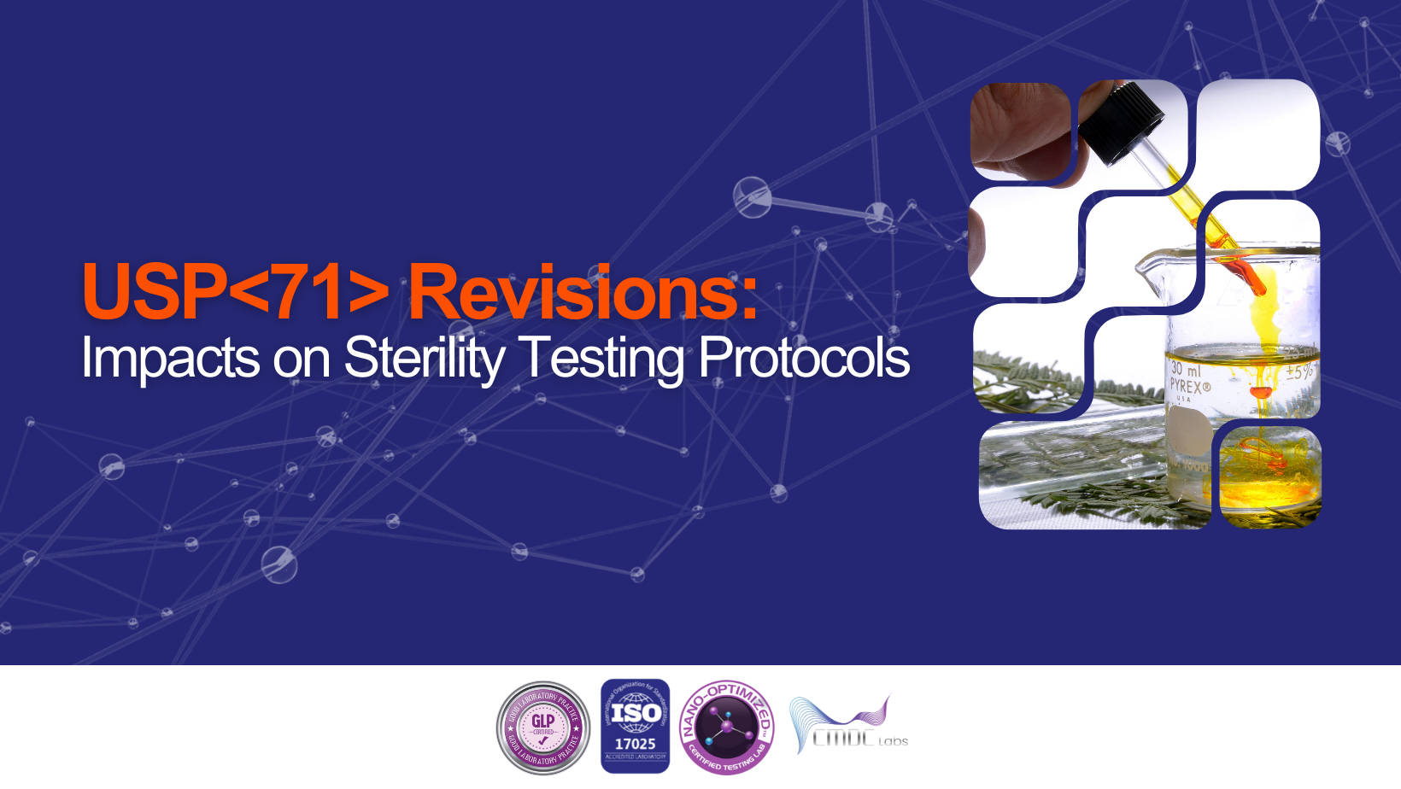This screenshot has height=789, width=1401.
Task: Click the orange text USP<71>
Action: click(x=235, y=293)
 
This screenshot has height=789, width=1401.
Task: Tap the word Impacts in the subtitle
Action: click(x=170, y=358)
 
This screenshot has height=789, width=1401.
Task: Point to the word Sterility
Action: click(x=425, y=358)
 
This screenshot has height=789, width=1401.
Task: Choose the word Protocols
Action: click(x=804, y=358)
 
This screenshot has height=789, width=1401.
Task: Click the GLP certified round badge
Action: click(x=543, y=728)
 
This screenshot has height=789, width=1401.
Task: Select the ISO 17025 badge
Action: click(x=635, y=726)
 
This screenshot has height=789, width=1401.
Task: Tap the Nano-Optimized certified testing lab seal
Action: click(x=727, y=728)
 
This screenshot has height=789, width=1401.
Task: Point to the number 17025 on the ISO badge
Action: click(x=635, y=744)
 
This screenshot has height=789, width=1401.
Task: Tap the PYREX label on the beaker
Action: click(x=1190, y=387)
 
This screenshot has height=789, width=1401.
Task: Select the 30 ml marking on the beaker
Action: click(x=1185, y=369)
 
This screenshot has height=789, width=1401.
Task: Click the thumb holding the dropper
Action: click(x=1017, y=137)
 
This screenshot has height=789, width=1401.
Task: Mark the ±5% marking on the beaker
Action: click(x=1299, y=372)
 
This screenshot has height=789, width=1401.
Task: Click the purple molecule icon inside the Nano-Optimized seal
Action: click(x=727, y=728)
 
